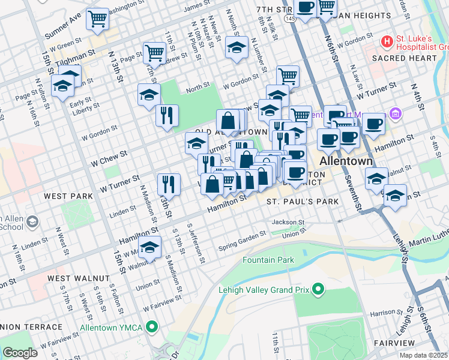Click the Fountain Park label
pyautogui.click(x=268, y=260)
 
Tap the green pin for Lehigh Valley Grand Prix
pyautogui.click(x=318, y=290)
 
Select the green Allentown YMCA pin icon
pyautogui.click(x=152, y=327)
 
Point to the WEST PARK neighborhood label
pyautogui.click(x=68, y=196)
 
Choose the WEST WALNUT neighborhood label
pyautogui.click(x=78, y=278)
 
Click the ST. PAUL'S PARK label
pyautogui.click(x=303, y=202)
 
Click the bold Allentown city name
pyautogui.click(x=346, y=162)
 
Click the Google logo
pyautogui.click(x=20, y=353)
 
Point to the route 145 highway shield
pyautogui.click(x=291, y=19)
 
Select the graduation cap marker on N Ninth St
pyautogui.click(x=237, y=48)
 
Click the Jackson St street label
pyautogui.click(x=285, y=222)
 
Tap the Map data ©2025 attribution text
pyautogui.click(x=424, y=355)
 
